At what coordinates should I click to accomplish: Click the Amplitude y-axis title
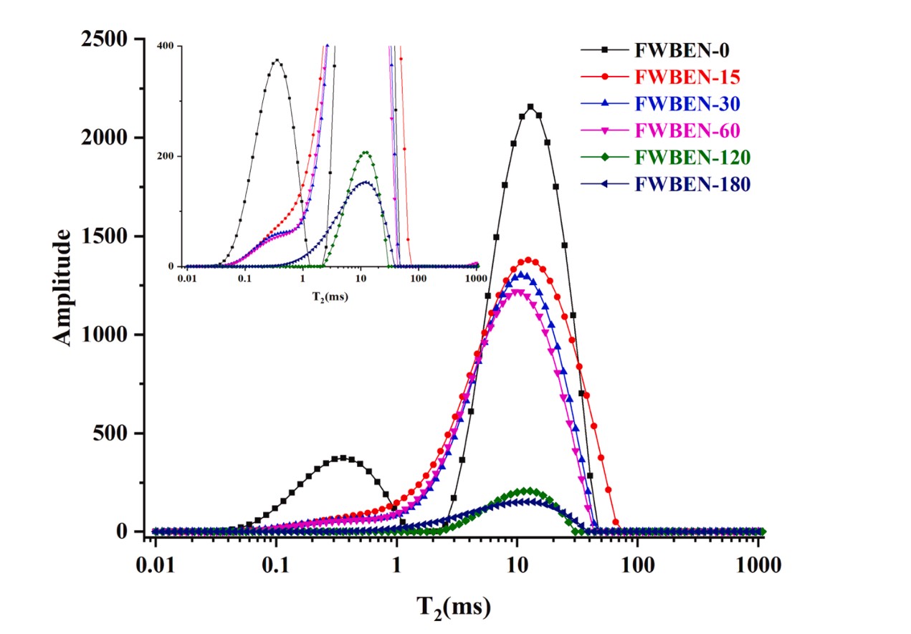point(65,287)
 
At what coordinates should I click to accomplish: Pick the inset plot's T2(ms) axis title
point(330,295)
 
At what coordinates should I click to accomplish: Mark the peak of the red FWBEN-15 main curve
point(528,259)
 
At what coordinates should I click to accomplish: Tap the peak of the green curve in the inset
point(366,152)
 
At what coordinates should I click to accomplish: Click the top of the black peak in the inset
point(277,60)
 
